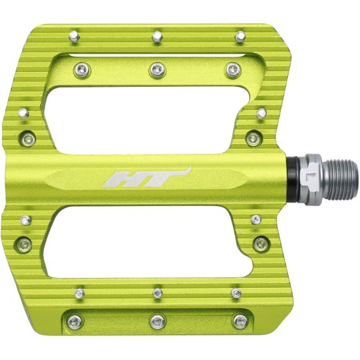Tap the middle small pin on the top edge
click(x=156, y=33)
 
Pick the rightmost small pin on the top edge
click(x=240, y=33)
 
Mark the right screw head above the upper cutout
click(x=232, y=68)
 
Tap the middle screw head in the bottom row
click(x=156, y=321)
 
